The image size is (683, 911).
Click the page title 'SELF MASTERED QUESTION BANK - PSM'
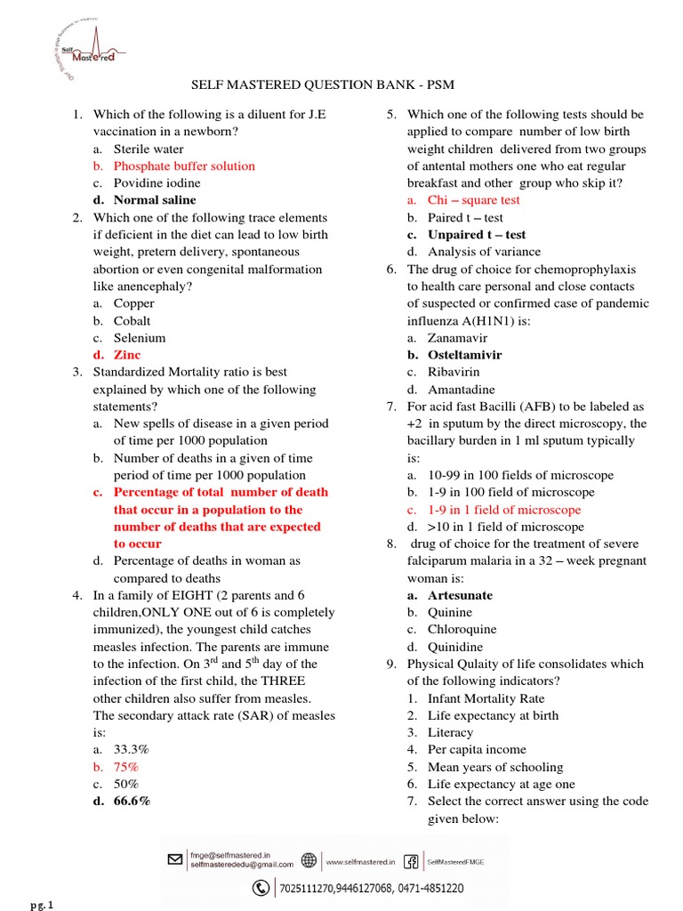point(341,85)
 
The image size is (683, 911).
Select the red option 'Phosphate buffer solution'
point(184,166)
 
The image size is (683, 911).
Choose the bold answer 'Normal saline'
point(155,200)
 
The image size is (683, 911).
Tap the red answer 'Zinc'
point(127,355)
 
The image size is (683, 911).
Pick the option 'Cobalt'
point(132,321)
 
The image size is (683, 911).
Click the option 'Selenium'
point(139,338)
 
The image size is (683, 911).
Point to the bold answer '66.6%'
point(132,802)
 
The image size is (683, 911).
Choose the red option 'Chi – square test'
point(473,200)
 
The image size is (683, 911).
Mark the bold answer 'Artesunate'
point(460,595)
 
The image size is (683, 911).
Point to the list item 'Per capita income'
point(477,750)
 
